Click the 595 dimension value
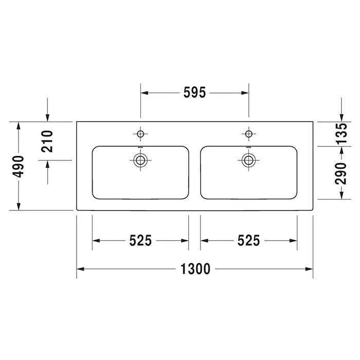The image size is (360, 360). tap(194, 93)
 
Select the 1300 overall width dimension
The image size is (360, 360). tap(195, 269)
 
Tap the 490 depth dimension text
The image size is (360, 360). tap(18, 167)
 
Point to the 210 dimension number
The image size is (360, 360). tap(47, 141)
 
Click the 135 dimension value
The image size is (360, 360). tap(341, 134)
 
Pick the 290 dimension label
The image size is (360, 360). tap(340, 173)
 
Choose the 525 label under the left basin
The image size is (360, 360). tap(140, 241)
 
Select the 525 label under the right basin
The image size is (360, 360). tap(248, 241)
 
